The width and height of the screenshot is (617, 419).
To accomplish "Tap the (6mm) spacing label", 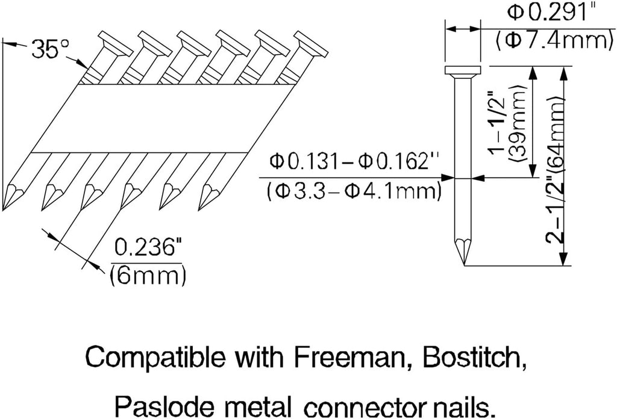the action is click(x=147, y=276).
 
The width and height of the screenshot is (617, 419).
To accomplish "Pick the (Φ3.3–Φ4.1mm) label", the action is click(x=354, y=192).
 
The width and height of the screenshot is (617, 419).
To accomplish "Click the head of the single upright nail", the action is click(x=463, y=71).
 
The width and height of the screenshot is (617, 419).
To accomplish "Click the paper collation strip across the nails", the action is click(x=163, y=119).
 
